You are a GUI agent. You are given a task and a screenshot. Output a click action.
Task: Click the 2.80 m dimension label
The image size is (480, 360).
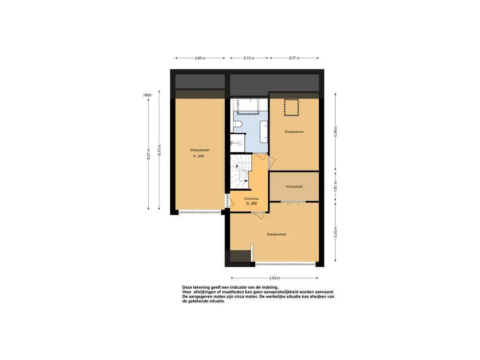point(200,58)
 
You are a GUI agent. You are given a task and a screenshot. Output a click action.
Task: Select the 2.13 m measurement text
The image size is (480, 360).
point(249,58)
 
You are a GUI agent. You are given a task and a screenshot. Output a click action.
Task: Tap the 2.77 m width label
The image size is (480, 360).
point(294,58)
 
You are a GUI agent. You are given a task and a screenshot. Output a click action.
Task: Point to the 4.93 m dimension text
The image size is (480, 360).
point(274,278)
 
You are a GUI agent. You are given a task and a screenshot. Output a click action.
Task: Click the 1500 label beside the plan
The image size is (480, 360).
point(147,95)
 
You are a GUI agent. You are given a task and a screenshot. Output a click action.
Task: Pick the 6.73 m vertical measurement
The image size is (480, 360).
point(159,150)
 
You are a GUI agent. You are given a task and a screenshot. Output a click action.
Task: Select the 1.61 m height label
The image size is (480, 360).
point(336,187)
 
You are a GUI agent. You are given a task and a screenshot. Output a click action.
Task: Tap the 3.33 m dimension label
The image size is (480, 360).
point(336,232)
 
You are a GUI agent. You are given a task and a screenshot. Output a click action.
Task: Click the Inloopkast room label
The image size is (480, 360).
point(294,187)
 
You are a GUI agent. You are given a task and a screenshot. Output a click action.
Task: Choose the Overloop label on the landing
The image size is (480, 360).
point(251,199)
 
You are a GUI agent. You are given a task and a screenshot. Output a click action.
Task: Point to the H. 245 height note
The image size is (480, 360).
point(198,156)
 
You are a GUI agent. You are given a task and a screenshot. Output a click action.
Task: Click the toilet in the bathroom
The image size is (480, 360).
point(238,124)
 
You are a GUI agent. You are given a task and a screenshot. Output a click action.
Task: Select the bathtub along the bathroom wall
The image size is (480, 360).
point(264,132)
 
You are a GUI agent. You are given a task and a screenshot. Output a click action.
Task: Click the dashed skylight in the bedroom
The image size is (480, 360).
point(292,107)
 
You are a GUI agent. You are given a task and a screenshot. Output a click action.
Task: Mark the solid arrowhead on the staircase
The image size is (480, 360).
point(246,180)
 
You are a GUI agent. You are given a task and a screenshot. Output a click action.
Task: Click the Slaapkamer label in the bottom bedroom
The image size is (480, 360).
point(277,234)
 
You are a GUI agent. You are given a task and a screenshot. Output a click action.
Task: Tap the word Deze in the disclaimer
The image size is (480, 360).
point(187,287)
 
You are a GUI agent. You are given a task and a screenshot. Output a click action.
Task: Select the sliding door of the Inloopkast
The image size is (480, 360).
point(293,202)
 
